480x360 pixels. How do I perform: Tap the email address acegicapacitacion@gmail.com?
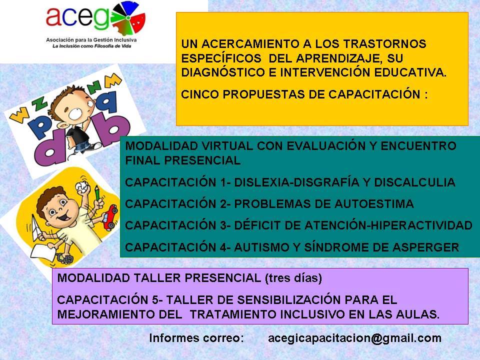[354, 338]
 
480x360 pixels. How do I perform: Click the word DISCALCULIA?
[414, 182]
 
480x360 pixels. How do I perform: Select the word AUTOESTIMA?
[374, 204]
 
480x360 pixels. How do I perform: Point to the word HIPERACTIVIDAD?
[421, 225]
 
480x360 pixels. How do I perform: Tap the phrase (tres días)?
[293, 278]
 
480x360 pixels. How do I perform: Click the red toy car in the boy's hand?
[110, 217]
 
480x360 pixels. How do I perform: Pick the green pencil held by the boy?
[97, 193]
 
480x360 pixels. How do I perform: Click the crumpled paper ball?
[81, 186]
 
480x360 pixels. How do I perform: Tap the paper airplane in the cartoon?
[36, 227]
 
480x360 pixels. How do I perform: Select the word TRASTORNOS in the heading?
[384, 44]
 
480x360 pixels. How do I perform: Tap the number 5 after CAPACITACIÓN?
[155, 299]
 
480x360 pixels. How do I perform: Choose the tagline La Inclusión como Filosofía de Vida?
[92, 46]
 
